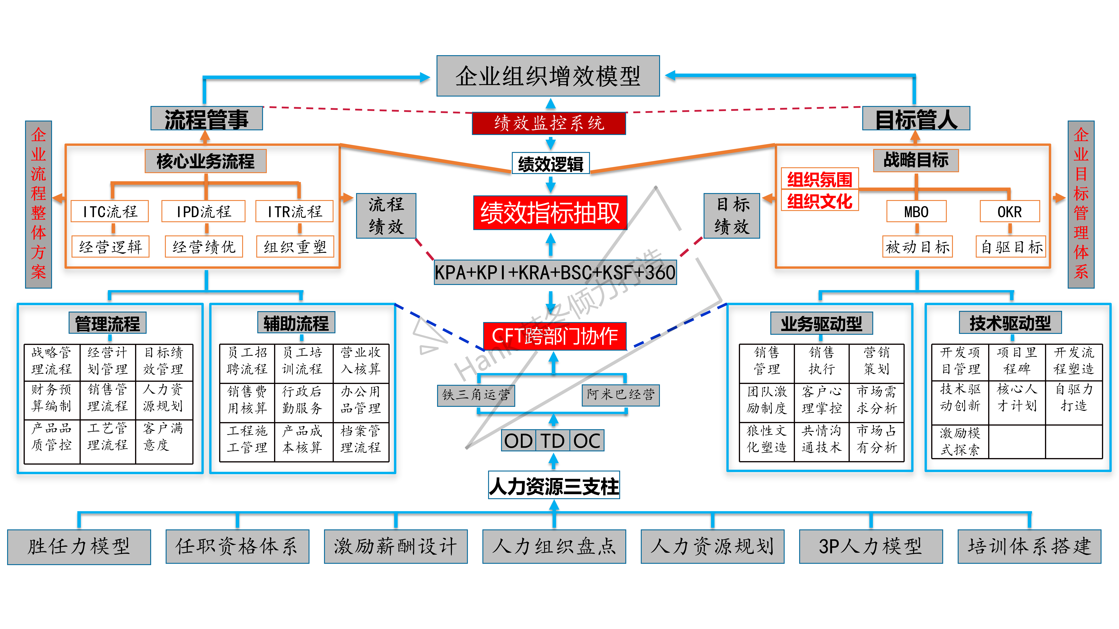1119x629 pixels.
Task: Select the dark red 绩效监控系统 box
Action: (549, 123)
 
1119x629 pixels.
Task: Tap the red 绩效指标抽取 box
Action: (550, 213)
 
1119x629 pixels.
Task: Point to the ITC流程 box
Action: (110, 211)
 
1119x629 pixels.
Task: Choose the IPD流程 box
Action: (203, 211)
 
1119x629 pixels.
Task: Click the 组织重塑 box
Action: (295, 247)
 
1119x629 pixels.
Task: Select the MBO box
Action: (916, 211)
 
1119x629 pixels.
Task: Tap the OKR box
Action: (1010, 211)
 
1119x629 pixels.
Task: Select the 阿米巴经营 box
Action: (620, 395)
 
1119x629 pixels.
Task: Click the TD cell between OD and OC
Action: (553, 441)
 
